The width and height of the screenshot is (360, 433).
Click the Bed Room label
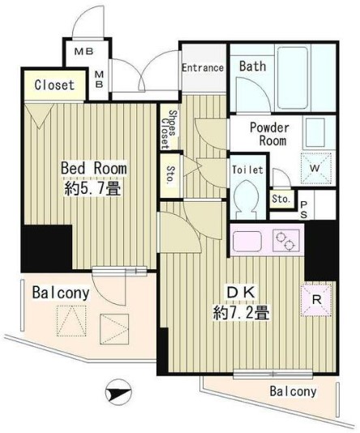click(x=94, y=168)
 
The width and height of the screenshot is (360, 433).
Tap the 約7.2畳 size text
click(x=241, y=313)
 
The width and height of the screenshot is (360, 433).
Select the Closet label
click(x=54, y=85)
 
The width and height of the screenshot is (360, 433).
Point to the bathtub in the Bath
click(x=293, y=78)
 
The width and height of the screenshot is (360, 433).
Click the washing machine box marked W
click(x=315, y=168)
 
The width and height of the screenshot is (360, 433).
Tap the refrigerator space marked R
click(x=317, y=299)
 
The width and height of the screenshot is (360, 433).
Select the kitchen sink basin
click(x=247, y=241)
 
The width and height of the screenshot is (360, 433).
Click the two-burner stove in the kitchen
click(x=285, y=241)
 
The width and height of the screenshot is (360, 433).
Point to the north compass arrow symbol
click(x=118, y=392)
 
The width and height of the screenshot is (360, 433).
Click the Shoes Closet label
click(x=169, y=130)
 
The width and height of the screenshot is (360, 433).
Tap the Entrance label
click(x=203, y=67)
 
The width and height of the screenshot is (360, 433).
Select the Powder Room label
click(x=270, y=135)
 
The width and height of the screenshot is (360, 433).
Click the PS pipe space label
click(x=303, y=210)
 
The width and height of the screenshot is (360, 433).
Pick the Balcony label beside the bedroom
click(x=61, y=293)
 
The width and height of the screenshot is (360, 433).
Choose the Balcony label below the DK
click(x=294, y=392)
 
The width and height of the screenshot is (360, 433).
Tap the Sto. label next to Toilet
click(x=281, y=199)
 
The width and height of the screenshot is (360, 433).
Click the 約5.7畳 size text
click(x=92, y=190)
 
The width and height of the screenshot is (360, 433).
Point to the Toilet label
click(x=247, y=169)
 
